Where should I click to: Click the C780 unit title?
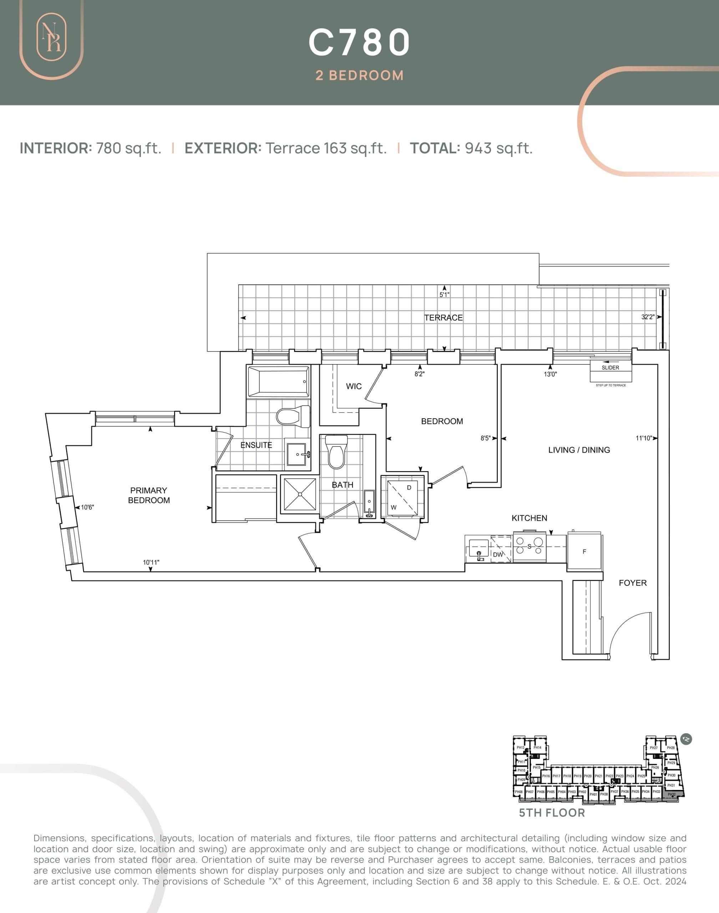pyautogui.click(x=359, y=42)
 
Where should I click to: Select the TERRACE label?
pyautogui.click(x=443, y=318)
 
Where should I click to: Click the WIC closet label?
pyautogui.click(x=354, y=386)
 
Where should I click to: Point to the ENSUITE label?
pyautogui.click(x=256, y=445)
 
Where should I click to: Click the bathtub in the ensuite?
pyautogui.click(x=278, y=382)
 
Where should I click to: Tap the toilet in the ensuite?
pyautogui.click(x=293, y=416)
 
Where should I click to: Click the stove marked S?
pyautogui.click(x=530, y=546)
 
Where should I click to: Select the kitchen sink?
pyautogui.click(x=479, y=550)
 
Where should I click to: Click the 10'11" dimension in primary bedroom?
pyautogui.click(x=151, y=562)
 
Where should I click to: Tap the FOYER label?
pyautogui.click(x=632, y=583)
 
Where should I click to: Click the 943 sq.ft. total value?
pyautogui.click(x=498, y=148)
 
